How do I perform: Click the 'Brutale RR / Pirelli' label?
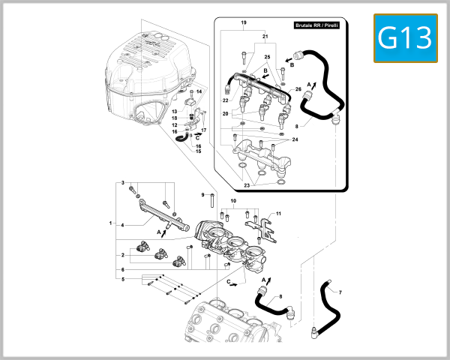319,25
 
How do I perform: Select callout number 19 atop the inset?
244,24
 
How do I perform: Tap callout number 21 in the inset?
265,36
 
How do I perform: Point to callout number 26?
298,90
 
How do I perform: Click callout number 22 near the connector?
225,100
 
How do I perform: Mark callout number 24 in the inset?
294,139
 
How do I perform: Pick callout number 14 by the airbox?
199,91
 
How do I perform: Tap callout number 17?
203,130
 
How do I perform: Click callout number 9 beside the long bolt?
202,195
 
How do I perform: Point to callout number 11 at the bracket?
278,214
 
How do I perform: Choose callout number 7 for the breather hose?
339,292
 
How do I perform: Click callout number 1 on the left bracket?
110,223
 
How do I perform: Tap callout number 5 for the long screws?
122,279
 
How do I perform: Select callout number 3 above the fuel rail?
122,182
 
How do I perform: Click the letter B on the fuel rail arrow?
265,70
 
